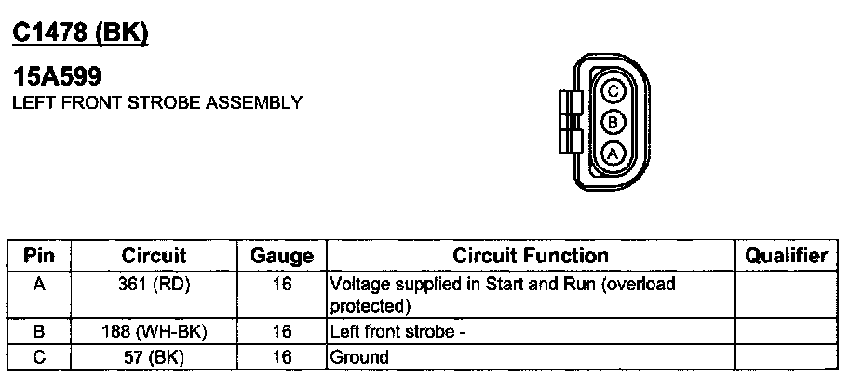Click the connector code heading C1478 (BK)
(x=80, y=33)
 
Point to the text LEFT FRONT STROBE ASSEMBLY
(x=156, y=102)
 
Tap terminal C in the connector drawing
(x=613, y=91)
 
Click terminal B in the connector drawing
(x=613, y=122)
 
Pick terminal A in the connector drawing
(x=613, y=153)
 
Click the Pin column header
(x=39, y=256)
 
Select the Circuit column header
(x=154, y=256)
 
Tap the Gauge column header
(x=282, y=256)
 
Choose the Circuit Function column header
(x=531, y=256)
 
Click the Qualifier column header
(x=788, y=256)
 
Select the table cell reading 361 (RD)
(x=154, y=285)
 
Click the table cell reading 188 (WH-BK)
(x=154, y=331)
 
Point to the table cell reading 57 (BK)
(x=154, y=356)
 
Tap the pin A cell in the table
(x=39, y=285)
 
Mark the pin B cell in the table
(x=39, y=331)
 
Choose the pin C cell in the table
(x=39, y=356)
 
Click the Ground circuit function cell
(x=360, y=357)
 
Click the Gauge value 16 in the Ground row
(x=282, y=357)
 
